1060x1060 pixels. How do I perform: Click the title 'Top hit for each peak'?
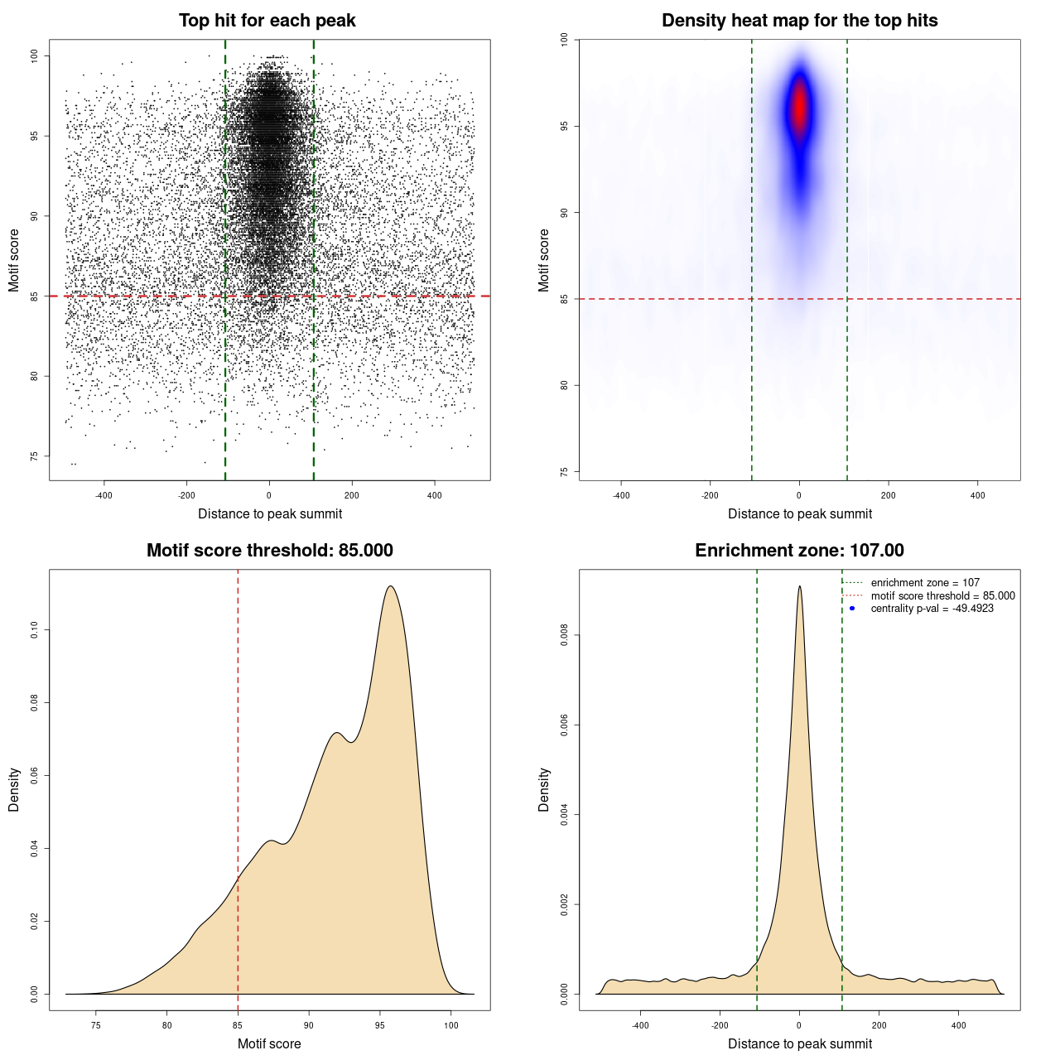(x=267, y=21)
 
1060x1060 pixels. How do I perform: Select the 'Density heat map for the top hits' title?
(x=799, y=21)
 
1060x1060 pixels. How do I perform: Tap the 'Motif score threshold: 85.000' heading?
(x=269, y=551)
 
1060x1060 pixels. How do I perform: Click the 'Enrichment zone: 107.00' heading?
(x=799, y=551)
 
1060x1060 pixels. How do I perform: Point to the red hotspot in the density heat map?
(x=799, y=108)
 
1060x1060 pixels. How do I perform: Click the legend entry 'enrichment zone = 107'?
(x=924, y=583)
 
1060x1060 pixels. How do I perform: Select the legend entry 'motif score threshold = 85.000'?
(x=942, y=595)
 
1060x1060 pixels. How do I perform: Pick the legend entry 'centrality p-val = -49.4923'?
(x=932, y=609)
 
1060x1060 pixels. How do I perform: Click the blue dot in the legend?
(x=852, y=609)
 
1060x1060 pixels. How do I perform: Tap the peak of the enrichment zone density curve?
(x=799, y=587)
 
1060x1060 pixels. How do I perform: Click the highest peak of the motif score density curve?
(x=390, y=587)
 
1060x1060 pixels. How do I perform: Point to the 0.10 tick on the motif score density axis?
(x=35, y=631)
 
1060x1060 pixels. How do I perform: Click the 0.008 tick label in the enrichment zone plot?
(x=565, y=635)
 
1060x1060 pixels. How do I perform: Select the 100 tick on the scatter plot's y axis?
(x=35, y=55)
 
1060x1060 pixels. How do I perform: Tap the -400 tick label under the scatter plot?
(x=104, y=495)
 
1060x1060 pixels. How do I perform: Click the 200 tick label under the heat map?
(x=888, y=495)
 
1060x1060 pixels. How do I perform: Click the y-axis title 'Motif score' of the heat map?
(x=544, y=260)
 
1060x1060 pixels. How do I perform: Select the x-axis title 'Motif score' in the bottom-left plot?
(x=269, y=1043)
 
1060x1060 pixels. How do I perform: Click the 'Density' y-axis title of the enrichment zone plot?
(x=544, y=789)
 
